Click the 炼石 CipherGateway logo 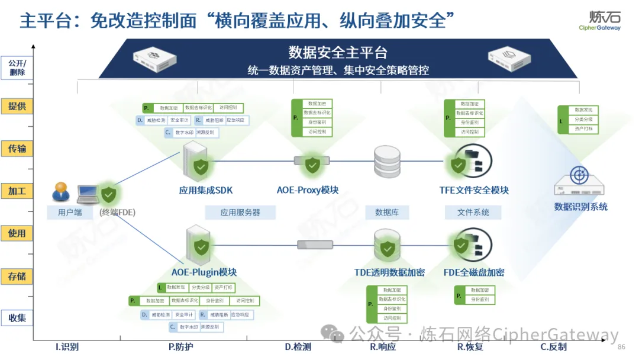coord(600,20)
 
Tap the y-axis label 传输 coord(17,148)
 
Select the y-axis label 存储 coord(17,276)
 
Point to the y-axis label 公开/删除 coord(17,67)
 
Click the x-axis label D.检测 coord(298,347)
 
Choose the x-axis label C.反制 coord(553,347)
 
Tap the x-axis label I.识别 coord(67,347)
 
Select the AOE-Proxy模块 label coord(308,190)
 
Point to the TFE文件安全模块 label coord(474,190)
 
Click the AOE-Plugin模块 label coord(204,272)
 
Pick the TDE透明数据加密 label coord(389,272)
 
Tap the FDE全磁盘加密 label coord(474,272)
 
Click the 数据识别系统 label coord(580,207)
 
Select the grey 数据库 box coord(388,212)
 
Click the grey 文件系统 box coord(473,212)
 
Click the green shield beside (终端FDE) coord(108,194)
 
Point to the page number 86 coord(621,347)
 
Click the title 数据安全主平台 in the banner coord(338,53)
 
